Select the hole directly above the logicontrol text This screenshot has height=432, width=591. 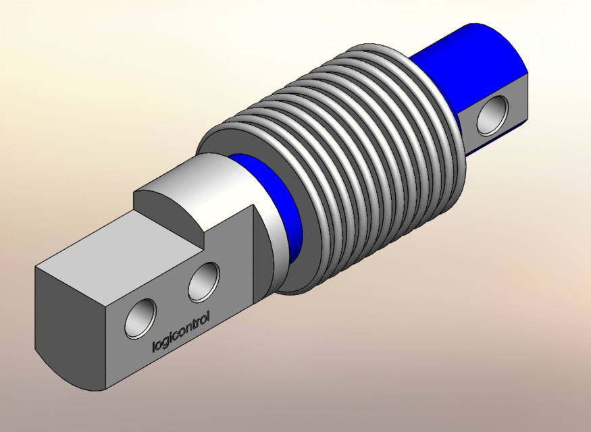coord(140,318)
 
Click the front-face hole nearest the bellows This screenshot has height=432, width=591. coord(203,282)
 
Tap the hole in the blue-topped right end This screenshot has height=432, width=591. coord(491,115)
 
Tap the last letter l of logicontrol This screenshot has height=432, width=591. coord(209,315)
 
